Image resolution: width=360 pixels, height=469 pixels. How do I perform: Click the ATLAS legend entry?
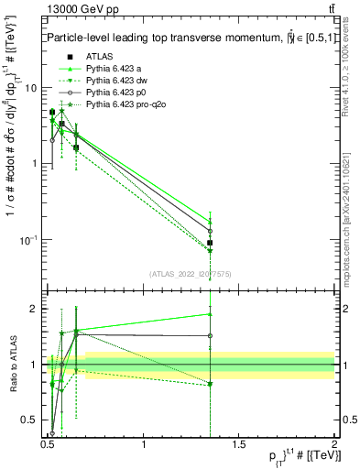tap(99, 56)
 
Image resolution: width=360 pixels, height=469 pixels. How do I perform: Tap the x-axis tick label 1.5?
tap(239, 443)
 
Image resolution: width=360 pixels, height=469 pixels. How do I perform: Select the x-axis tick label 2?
tap(334, 443)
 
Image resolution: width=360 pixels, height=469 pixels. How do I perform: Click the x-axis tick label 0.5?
tap(49, 443)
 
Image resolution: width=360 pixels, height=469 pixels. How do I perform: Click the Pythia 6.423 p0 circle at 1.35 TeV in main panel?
tap(211, 231)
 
